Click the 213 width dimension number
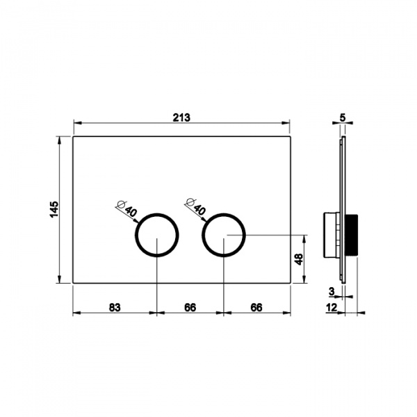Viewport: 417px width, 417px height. pos(181,117)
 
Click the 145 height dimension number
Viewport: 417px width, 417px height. pos(54,209)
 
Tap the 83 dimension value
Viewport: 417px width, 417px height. pos(115,307)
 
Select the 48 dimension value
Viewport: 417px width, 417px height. pos(299,259)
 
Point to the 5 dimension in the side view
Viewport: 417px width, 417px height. pos(343,117)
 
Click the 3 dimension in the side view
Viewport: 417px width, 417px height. pos(332,291)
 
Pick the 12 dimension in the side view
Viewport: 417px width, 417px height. pos(332,308)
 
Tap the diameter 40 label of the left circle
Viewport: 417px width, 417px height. pos(127,208)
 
